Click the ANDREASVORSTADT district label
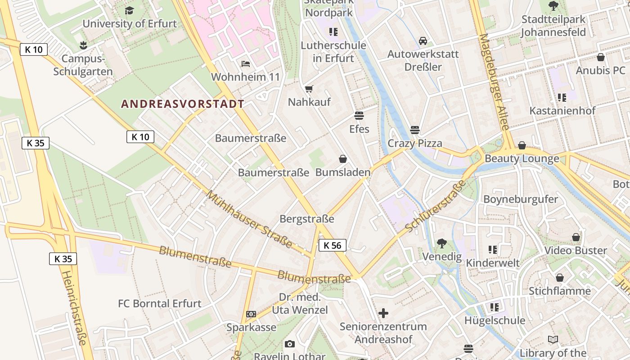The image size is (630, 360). [182, 104]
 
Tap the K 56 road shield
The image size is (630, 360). [333, 245]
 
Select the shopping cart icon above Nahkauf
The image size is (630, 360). [309, 89]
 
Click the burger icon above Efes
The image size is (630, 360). [359, 116]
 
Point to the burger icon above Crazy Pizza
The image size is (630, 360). [414, 130]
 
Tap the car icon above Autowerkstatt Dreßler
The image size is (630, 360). [423, 41]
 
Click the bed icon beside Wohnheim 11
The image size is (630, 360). [245, 64]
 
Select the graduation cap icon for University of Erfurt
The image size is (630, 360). [130, 10]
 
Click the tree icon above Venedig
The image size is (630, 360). [441, 243]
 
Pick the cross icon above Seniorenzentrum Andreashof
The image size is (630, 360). [383, 313]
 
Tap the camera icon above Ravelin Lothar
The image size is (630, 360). [290, 344]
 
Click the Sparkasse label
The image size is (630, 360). [251, 327]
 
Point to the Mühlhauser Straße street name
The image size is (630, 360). [249, 220]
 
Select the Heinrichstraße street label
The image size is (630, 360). [74, 308]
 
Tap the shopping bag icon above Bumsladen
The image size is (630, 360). [343, 159]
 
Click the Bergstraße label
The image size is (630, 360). [307, 219]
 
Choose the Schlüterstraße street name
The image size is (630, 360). [435, 207]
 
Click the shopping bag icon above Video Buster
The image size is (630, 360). [576, 237]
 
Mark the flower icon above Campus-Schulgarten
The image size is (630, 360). [83, 45]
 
